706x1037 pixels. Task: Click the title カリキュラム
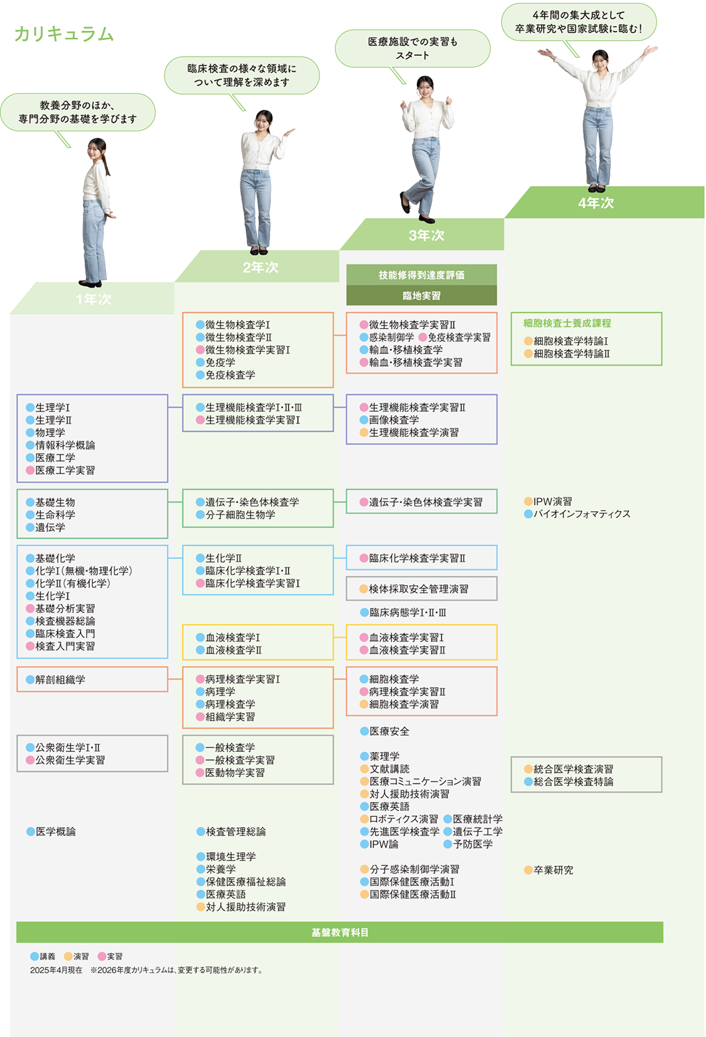pyautogui.click(x=64, y=34)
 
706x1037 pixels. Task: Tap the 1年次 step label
pyautogui.click(x=94, y=299)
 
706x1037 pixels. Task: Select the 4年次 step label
pyautogui.click(x=596, y=203)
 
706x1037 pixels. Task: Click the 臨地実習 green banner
pyautogui.click(x=421, y=296)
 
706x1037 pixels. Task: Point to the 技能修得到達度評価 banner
pyautogui.click(x=421, y=275)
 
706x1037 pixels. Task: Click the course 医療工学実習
pyautogui.click(x=65, y=470)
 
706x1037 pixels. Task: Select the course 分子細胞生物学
pyautogui.click(x=240, y=515)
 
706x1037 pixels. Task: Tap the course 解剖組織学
pyautogui.click(x=60, y=680)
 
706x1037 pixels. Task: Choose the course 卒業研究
pyautogui.click(x=553, y=870)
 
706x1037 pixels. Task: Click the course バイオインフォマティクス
pyautogui.click(x=582, y=514)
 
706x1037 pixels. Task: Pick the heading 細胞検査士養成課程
pyautogui.click(x=567, y=323)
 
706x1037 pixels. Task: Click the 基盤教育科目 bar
pyautogui.click(x=339, y=932)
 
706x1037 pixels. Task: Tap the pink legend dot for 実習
pyautogui.click(x=102, y=956)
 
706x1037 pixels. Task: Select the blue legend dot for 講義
pyautogui.click(x=35, y=956)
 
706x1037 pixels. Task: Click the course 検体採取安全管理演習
pyautogui.click(x=419, y=589)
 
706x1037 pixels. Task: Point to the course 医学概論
pyautogui.click(x=55, y=832)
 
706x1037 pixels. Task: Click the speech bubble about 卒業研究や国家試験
pyautogui.click(x=578, y=22)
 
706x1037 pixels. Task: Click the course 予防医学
pyautogui.click(x=473, y=844)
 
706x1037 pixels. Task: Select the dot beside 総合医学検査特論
pyautogui.click(x=528, y=782)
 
